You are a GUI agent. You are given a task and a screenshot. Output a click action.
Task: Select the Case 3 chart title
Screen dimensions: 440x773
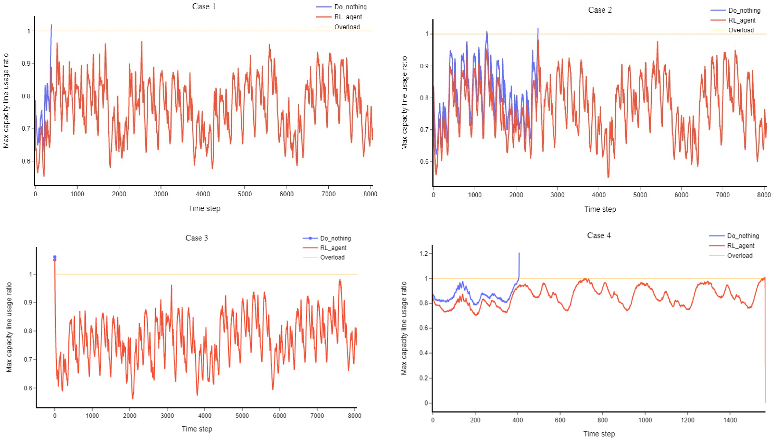click(x=197, y=238)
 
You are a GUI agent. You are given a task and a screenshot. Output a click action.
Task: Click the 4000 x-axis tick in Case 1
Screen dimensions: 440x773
click(x=203, y=194)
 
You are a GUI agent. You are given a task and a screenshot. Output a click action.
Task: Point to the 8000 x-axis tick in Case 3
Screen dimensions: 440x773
click(x=354, y=416)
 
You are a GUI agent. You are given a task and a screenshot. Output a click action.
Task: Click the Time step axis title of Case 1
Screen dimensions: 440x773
click(x=204, y=208)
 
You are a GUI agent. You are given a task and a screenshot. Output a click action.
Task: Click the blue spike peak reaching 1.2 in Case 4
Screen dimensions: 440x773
click(x=519, y=253)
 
